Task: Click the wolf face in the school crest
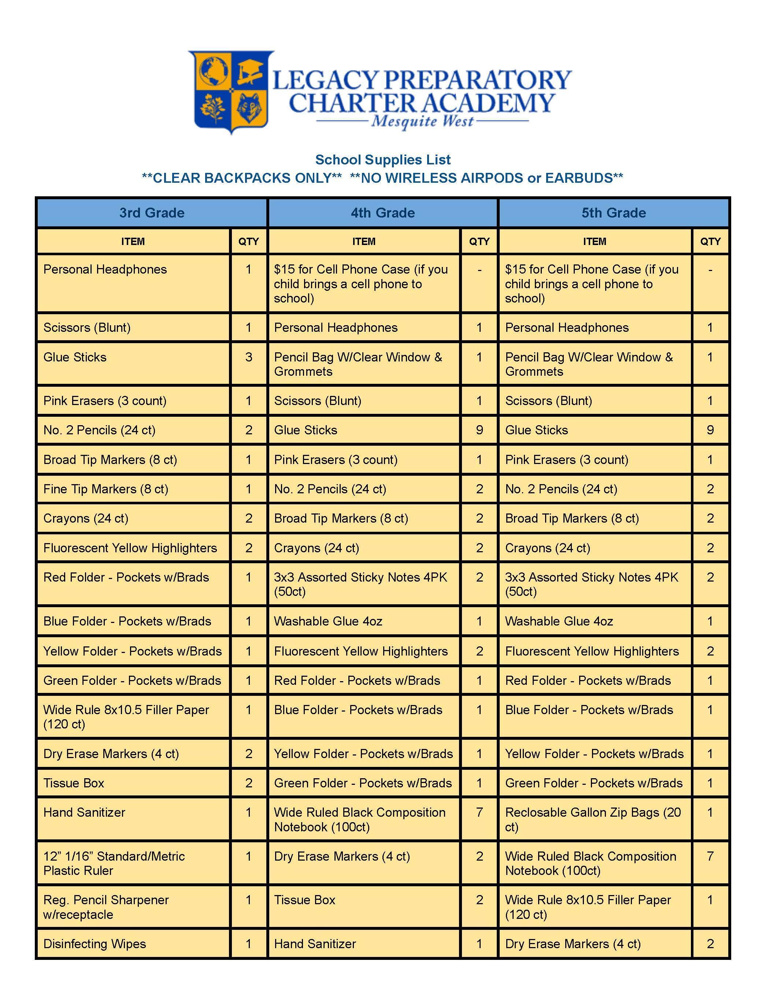(249, 108)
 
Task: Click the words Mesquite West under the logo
(422, 122)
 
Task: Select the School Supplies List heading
(382, 160)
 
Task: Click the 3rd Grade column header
(152, 213)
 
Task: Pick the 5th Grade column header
(614, 213)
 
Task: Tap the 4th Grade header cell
(382, 213)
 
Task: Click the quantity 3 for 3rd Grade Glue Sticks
(248, 357)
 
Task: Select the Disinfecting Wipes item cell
(95, 944)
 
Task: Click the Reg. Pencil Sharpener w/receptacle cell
(106, 907)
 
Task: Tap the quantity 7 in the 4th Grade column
(479, 812)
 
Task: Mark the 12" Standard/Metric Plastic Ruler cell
(114, 863)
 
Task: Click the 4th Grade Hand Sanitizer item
(315, 944)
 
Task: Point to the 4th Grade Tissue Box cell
(304, 900)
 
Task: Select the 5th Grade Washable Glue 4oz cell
(559, 621)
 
